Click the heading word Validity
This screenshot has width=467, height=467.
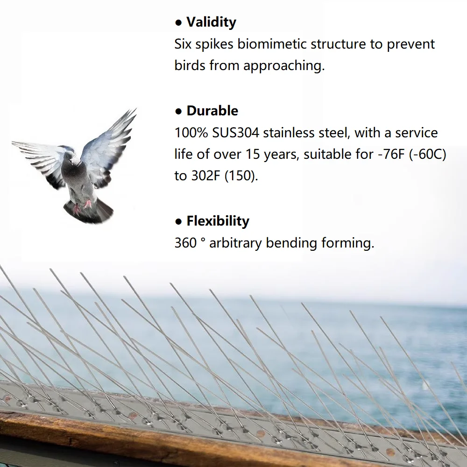click(x=211, y=22)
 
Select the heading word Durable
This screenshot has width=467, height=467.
click(x=212, y=111)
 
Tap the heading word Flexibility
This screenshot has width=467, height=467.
click(x=218, y=221)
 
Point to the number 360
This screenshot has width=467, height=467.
click(x=185, y=243)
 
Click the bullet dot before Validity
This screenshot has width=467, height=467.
click(x=178, y=22)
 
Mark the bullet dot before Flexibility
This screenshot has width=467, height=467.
click(x=178, y=221)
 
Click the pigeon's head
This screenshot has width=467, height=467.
click(x=73, y=159)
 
